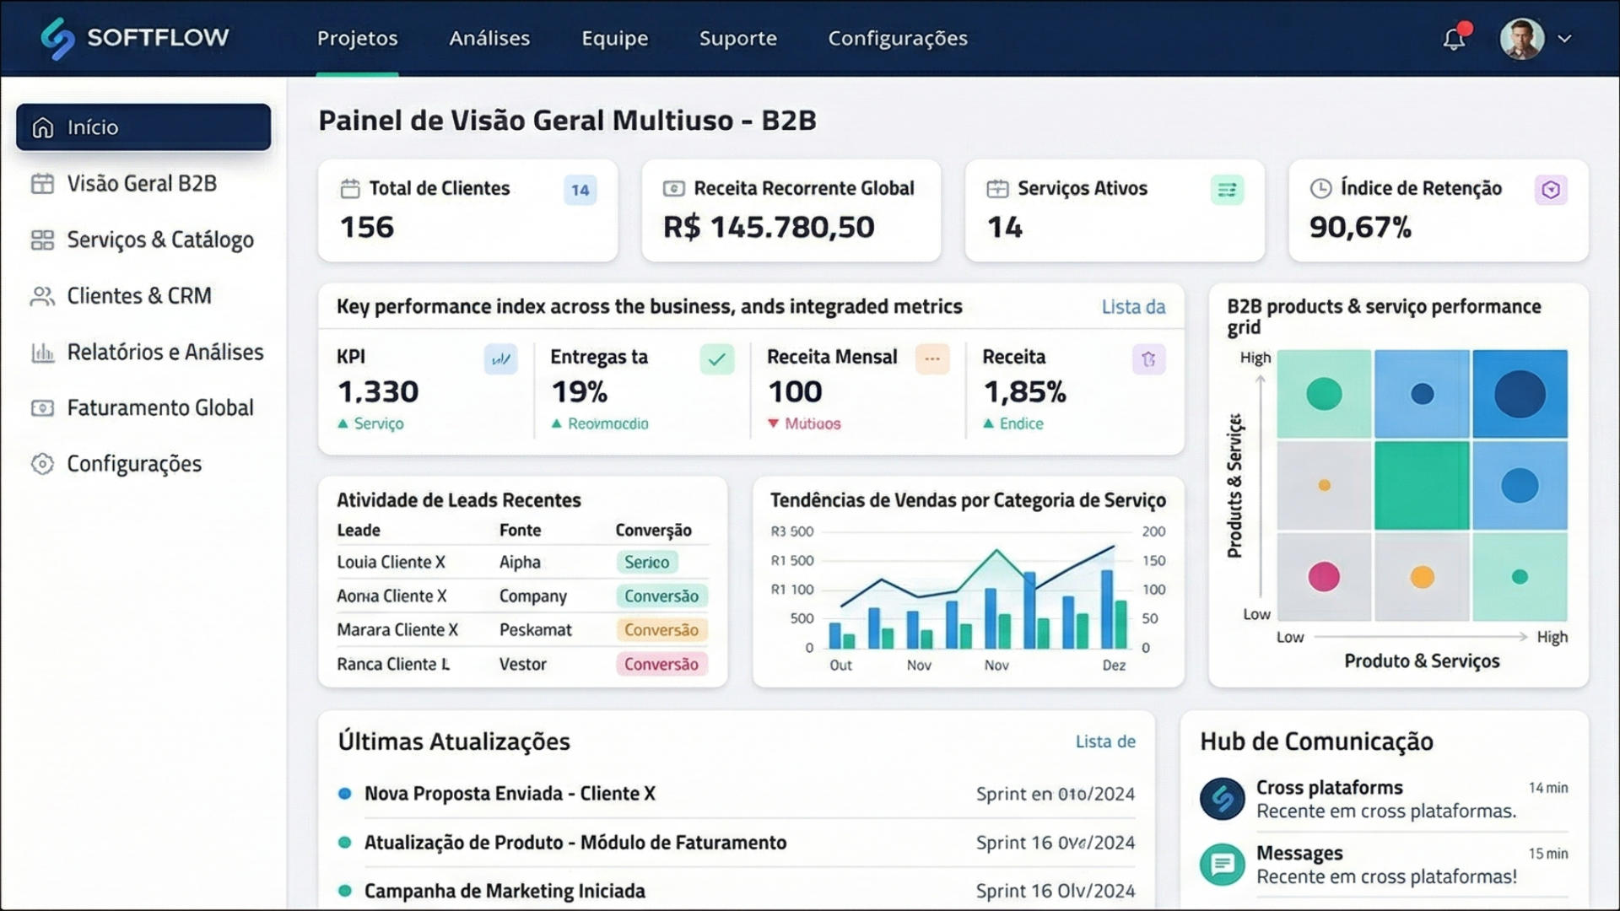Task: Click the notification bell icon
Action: (x=1453, y=39)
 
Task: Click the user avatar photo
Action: (x=1521, y=39)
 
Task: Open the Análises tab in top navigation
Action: (x=489, y=38)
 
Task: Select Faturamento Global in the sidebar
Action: (x=159, y=408)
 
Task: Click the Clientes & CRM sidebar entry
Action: (x=138, y=296)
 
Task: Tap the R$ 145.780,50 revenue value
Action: (x=768, y=227)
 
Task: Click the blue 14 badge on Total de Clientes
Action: (x=580, y=190)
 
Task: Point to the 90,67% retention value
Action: (x=1359, y=227)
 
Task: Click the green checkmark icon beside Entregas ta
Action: (x=716, y=360)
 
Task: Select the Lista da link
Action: (x=1132, y=307)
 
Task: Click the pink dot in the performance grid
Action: (x=1323, y=577)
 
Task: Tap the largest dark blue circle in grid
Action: (x=1520, y=394)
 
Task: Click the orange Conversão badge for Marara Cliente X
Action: (x=661, y=630)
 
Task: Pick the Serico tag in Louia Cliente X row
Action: (x=646, y=562)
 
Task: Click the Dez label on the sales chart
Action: (x=1113, y=666)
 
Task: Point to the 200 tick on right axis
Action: (x=1153, y=531)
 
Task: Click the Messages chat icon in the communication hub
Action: (x=1222, y=865)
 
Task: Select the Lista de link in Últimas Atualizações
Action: (x=1104, y=741)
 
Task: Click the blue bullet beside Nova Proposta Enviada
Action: (x=344, y=794)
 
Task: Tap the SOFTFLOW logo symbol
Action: (x=57, y=39)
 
